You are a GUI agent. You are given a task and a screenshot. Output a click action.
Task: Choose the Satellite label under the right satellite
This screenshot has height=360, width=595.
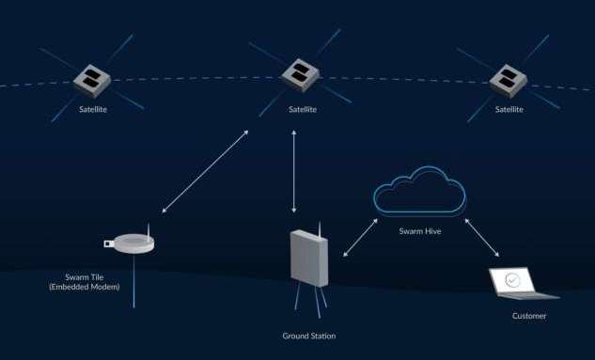pos(508,109)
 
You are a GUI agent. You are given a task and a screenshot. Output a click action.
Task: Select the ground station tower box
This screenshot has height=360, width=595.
pos(308,256)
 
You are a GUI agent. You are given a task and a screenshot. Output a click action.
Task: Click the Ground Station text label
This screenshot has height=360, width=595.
pos(308,337)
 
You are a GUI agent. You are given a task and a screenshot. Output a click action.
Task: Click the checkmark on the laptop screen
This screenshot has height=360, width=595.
pos(512,280)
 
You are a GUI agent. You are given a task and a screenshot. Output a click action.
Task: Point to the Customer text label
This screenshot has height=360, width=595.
pos(529,316)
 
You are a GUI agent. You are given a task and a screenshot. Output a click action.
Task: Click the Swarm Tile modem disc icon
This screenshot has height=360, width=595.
pos(130,244)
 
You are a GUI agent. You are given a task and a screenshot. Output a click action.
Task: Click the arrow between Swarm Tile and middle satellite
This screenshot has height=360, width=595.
pos(204,171)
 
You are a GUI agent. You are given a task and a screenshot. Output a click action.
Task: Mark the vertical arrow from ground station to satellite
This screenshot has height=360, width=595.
pos(296,171)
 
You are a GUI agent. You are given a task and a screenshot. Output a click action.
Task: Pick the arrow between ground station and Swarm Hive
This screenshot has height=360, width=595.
pos(361,235)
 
